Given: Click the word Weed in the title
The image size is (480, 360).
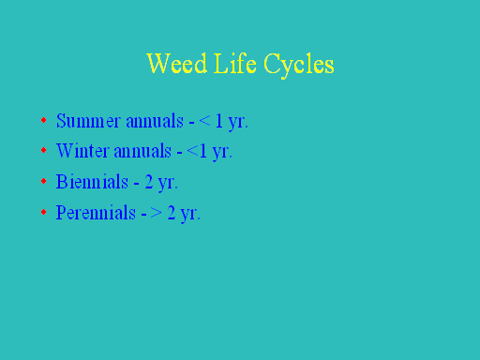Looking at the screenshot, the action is [x=177, y=63].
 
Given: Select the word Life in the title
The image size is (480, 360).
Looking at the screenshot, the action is [x=235, y=63].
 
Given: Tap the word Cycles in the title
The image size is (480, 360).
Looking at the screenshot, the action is [x=299, y=66].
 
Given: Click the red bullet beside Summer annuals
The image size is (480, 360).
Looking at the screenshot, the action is [x=44, y=120].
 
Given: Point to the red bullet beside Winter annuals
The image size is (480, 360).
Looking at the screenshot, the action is [x=44, y=150].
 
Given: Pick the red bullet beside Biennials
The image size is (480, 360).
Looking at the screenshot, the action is [x=44, y=181].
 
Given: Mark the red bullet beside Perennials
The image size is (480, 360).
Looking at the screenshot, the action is [x=44, y=212].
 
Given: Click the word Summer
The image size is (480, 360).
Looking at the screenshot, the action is [x=88, y=121].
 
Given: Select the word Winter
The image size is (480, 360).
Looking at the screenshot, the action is [x=82, y=151].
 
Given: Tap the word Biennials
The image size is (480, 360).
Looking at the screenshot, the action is [x=92, y=181].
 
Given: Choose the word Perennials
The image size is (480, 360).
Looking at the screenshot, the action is [x=96, y=212].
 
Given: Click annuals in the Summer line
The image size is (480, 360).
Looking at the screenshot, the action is [x=155, y=121].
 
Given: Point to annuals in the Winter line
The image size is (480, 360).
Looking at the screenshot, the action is [x=142, y=151].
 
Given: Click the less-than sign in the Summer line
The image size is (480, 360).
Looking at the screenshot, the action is [x=204, y=121].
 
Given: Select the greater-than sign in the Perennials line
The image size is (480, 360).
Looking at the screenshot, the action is [x=156, y=213].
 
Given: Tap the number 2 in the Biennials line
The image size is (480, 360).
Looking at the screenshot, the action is [x=149, y=182].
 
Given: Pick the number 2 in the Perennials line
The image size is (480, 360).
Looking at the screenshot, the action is [x=172, y=213].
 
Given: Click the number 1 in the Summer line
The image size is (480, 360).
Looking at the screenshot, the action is [x=219, y=121].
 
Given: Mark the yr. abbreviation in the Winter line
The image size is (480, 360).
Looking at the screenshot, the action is [x=222, y=153].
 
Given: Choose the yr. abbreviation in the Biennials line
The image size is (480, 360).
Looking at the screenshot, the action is [x=168, y=184].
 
